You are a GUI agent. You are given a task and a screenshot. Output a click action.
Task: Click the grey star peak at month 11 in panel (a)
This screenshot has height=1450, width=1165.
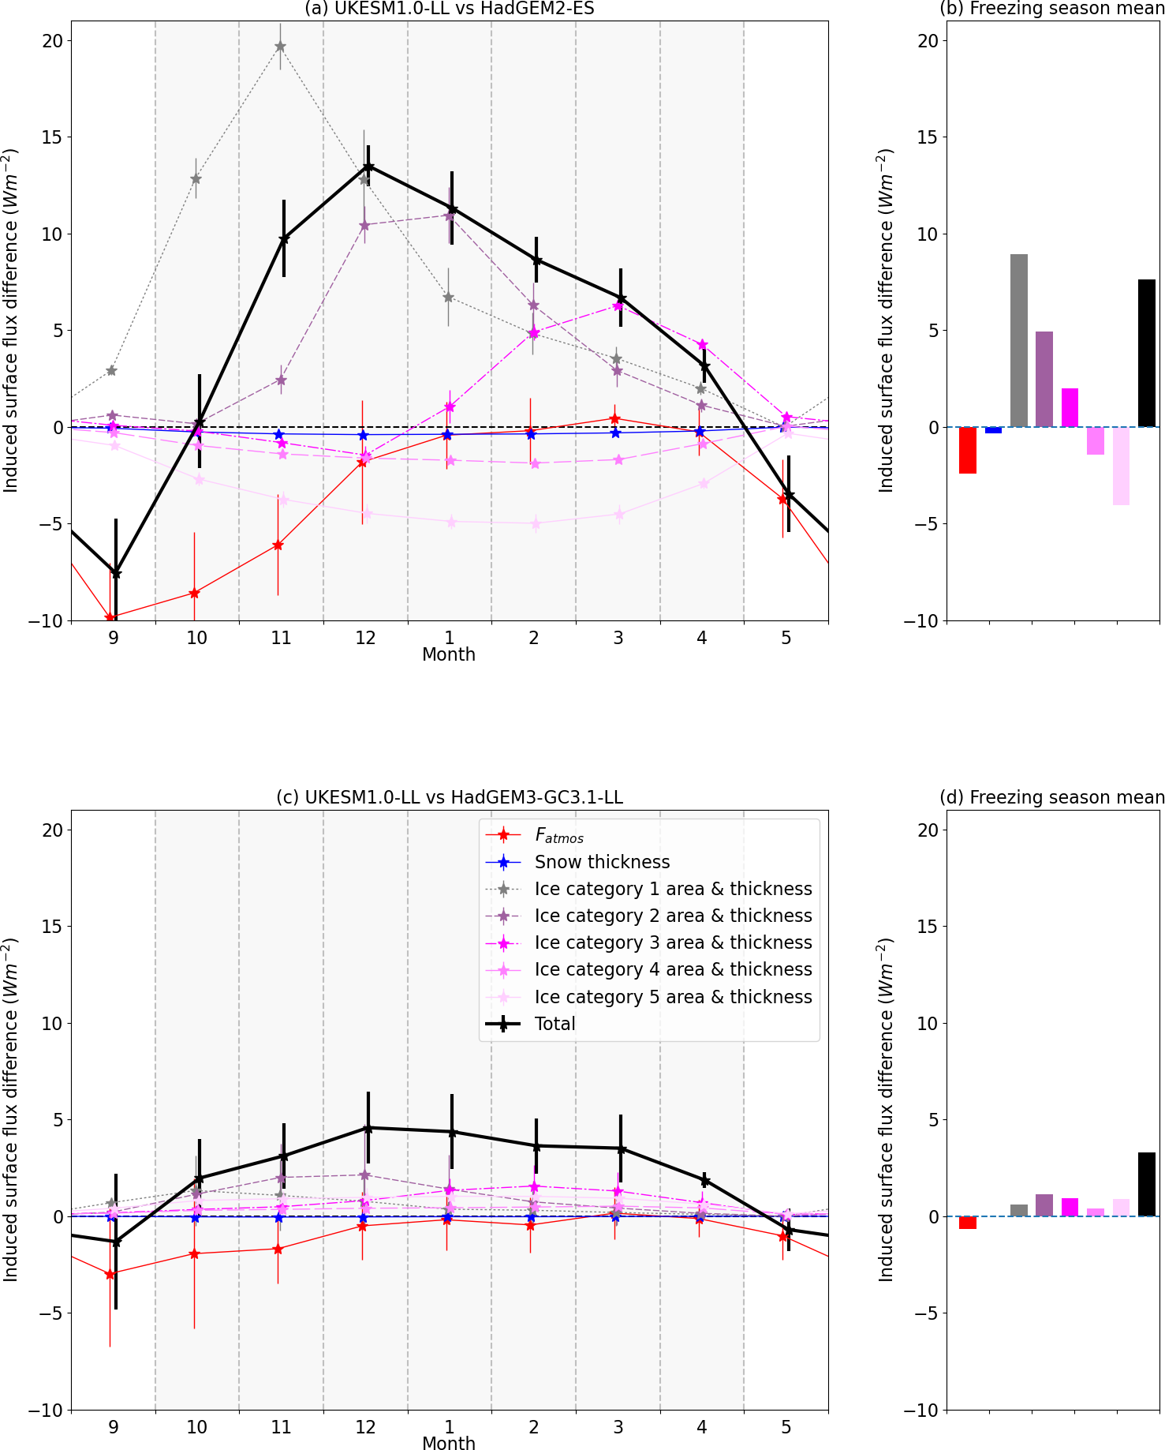pyautogui.click(x=280, y=47)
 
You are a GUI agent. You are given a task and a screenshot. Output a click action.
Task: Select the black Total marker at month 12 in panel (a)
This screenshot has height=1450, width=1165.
pyautogui.click(x=368, y=167)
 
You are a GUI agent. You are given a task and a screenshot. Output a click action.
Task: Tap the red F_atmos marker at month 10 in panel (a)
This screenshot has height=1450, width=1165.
pyautogui.click(x=194, y=593)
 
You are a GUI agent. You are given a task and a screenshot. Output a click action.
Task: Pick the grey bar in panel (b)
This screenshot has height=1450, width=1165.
pyautogui.click(x=1019, y=340)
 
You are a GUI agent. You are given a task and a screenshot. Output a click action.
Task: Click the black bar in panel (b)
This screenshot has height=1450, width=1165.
pyautogui.click(x=1147, y=353)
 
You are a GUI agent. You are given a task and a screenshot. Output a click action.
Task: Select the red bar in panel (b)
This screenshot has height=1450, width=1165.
pyautogui.click(x=968, y=450)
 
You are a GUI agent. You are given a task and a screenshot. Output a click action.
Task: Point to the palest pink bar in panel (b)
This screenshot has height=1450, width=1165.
pyautogui.click(x=1121, y=466)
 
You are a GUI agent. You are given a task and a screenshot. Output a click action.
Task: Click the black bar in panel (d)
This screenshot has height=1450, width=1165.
pyautogui.click(x=1147, y=1184)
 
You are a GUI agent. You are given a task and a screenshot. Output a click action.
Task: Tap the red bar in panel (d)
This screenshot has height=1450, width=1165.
pyautogui.click(x=968, y=1223)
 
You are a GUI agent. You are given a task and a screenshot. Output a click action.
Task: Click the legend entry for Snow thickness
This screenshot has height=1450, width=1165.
pyautogui.click(x=602, y=862)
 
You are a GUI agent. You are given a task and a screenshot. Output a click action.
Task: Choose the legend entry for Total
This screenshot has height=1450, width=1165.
pyautogui.click(x=555, y=1024)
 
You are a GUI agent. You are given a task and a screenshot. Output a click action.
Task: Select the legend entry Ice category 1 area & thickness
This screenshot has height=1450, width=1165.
pyautogui.click(x=673, y=889)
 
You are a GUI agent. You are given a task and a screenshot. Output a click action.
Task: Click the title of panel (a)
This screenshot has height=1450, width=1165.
pyautogui.click(x=450, y=9)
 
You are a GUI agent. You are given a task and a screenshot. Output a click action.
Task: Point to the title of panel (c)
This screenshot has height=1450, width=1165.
pyautogui.click(x=450, y=797)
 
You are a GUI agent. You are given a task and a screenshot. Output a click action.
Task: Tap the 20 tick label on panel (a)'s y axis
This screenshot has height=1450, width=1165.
pyautogui.click(x=52, y=41)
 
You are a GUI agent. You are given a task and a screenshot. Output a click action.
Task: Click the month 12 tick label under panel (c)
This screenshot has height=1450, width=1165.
pyautogui.click(x=365, y=1427)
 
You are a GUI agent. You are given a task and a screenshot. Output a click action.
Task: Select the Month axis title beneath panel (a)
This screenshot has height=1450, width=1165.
pyautogui.click(x=449, y=654)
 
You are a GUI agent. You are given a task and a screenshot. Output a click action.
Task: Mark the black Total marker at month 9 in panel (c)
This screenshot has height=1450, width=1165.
pyautogui.click(x=116, y=1242)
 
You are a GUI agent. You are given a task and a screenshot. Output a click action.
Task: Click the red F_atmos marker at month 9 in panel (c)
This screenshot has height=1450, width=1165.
pyautogui.click(x=110, y=1274)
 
